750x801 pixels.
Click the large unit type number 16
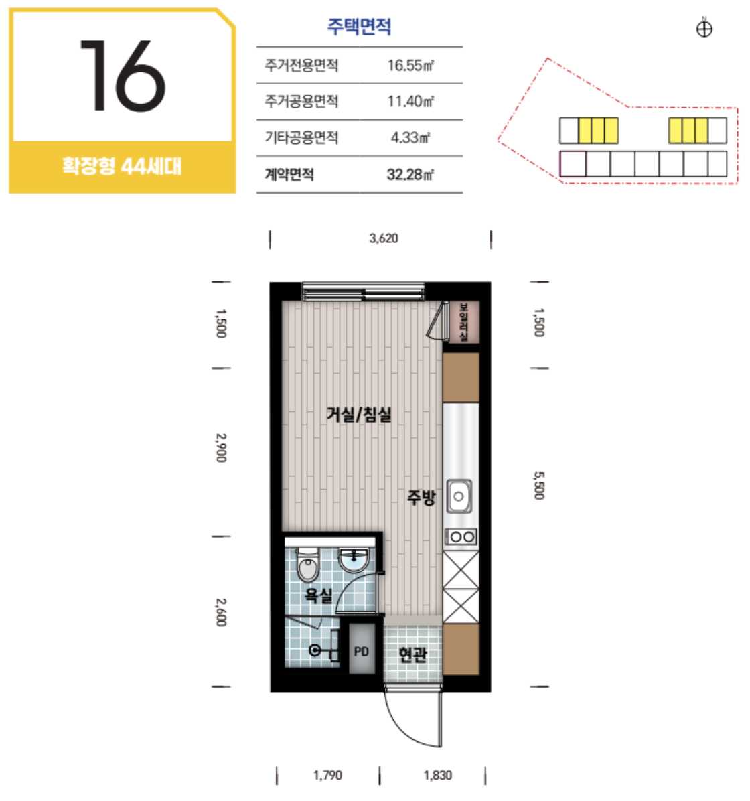tap(122, 75)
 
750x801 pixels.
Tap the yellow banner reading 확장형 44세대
tap(122, 167)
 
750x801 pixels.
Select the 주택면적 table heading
tap(359, 26)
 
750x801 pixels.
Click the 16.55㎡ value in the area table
tap(410, 66)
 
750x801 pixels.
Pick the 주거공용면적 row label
tap(301, 102)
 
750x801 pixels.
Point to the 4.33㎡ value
tap(410, 137)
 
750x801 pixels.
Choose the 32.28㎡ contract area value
tap(410, 175)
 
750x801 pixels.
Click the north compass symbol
tap(704, 29)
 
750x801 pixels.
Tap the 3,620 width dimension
tap(384, 238)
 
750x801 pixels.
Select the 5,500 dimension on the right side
tap(539, 486)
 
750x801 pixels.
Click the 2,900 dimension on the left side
tap(221, 448)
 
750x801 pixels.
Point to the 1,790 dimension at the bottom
tap(327, 775)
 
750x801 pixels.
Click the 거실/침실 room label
tap(359, 414)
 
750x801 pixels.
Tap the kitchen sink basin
tap(459, 496)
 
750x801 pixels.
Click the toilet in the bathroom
tap(307, 565)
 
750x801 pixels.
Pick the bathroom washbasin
tap(353, 561)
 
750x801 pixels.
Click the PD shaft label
tap(361, 652)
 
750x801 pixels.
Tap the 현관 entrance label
tap(412, 654)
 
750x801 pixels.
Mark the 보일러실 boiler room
tap(463, 322)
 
